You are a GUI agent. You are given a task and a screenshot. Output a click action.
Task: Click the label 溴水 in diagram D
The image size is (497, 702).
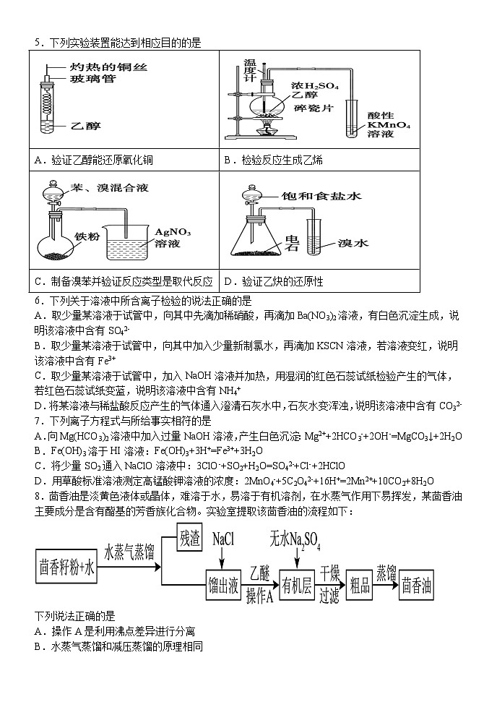point(353,244)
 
